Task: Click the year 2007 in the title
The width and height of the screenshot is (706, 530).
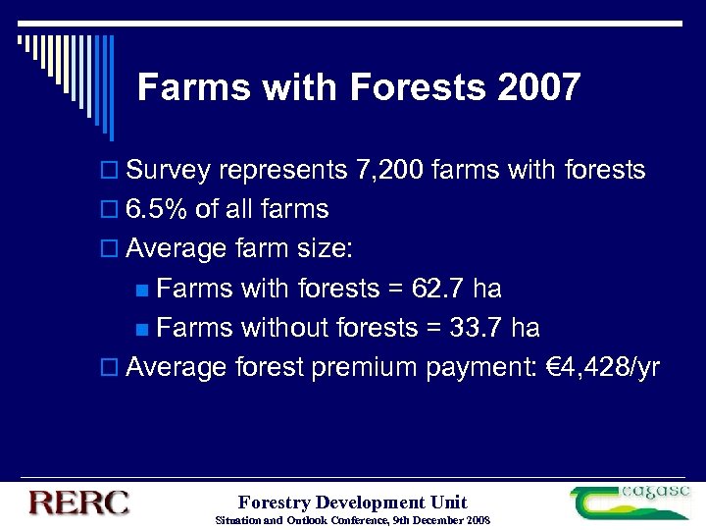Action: [x=538, y=88]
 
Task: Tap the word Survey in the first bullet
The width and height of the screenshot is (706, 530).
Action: [x=169, y=171]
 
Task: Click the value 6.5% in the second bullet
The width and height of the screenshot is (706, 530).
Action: [x=159, y=210]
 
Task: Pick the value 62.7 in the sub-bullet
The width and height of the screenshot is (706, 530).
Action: [x=434, y=289]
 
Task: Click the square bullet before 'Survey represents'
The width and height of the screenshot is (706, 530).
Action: [x=110, y=172]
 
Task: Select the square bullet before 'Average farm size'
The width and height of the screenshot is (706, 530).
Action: [x=110, y=250]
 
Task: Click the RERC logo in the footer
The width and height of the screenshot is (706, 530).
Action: [x=79, y=503]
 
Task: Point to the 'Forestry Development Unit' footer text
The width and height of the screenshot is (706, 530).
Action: [x=352, y=503]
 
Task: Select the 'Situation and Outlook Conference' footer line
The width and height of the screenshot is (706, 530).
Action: [x=352, y=520]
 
